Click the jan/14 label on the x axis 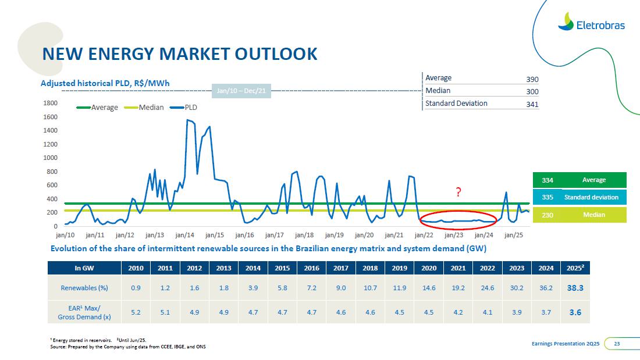[185, 236]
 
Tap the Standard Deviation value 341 [532, 105]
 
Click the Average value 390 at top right [532, 79]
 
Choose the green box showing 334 [547, 180]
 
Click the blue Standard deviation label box [594, 197]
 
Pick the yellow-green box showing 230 [547, 215]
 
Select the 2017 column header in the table [341, 268]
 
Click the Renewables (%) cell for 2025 [575, 287]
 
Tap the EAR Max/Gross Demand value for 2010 [136, 312]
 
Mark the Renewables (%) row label [84, 288]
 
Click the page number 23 [617, 344]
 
